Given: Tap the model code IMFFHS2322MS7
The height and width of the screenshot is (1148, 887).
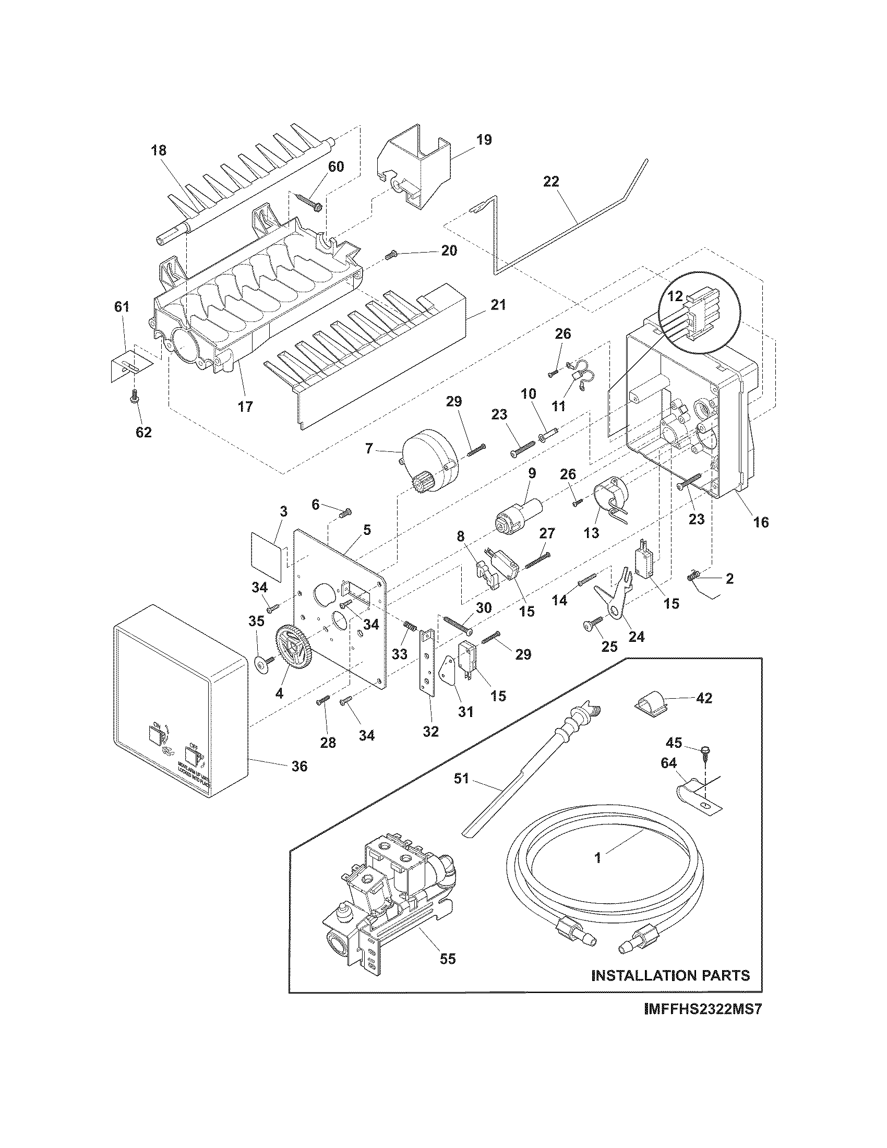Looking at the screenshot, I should pos(703,1024).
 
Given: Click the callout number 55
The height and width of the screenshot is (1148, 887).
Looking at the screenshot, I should pos(448,959).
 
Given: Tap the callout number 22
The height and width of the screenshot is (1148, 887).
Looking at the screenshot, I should pos(551,182).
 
